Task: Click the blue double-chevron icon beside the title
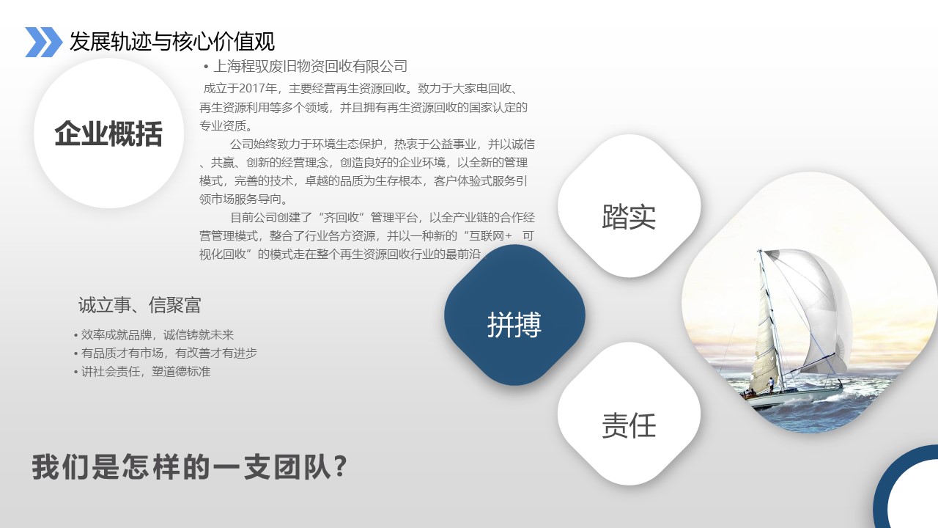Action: click(x=43, y=42)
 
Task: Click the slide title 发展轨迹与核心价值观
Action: click(x=172, y=42)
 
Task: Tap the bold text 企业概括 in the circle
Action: click(x=108, y=133)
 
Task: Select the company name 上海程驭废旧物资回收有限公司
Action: click(x=310, y=66)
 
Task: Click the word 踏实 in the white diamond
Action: click(x=629, y=217)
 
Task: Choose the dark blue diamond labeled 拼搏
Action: click(x=514, y=315)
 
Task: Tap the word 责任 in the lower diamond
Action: click(x=629, y=425)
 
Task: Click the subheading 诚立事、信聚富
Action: click(x=139, y=305)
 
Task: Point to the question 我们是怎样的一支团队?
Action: click(x=190, y=467)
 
